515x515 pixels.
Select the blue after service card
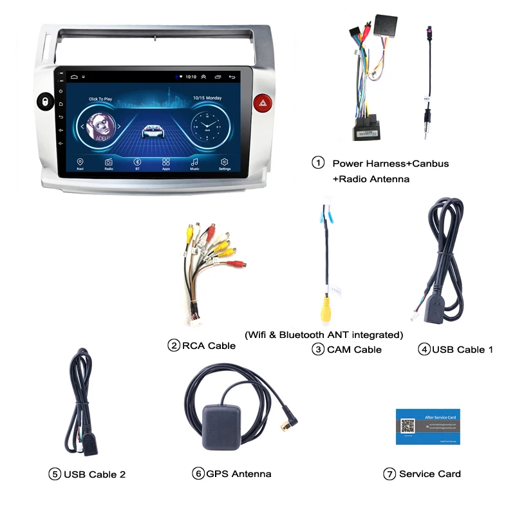tap(427, 426)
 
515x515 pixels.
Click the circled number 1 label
tap(318, 163)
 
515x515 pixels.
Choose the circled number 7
tap(389, 474)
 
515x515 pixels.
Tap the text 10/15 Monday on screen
tap(207, 98)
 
